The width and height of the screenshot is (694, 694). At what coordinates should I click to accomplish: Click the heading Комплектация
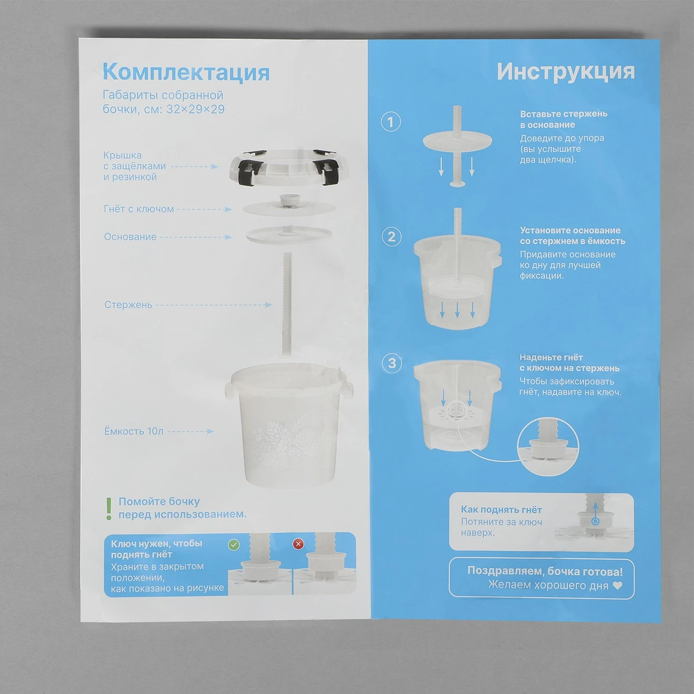186,72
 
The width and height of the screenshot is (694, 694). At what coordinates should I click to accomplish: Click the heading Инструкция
566,72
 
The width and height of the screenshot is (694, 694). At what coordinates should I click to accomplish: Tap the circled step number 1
391,121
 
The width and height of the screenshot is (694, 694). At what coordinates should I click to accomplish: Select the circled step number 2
392,237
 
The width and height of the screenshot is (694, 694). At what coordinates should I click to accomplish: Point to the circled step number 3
392,363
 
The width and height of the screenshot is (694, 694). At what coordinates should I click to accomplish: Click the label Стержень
128,305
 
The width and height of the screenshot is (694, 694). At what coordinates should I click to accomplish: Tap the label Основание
130,237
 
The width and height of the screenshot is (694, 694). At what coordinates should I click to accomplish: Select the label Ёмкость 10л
134,431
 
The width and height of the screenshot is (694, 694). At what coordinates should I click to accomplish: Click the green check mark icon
234,544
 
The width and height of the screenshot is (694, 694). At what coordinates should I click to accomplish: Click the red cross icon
298,544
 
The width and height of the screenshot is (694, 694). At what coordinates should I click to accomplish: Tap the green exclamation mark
109,509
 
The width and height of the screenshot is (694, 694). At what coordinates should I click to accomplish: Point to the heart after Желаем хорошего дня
617,586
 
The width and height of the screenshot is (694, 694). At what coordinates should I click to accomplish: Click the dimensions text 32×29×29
195,109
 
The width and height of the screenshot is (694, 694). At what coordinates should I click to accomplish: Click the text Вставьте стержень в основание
564,119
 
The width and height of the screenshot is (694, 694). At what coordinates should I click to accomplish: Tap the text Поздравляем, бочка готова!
545,571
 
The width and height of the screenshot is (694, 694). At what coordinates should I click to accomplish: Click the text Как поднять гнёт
501,510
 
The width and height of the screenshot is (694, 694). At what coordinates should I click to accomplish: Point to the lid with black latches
284,167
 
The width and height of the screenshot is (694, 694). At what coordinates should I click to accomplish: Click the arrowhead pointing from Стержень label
268,305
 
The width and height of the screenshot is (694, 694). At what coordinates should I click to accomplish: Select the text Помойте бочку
159,501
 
